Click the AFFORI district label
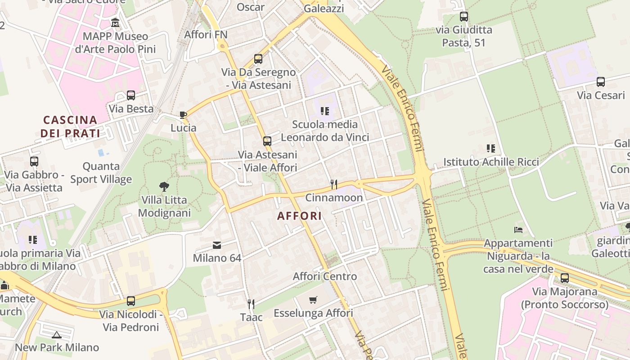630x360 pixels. (x=299, y=216)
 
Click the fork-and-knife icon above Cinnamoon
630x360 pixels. (x=334, y=184)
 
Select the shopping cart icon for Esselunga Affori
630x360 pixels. (x=313, y=300)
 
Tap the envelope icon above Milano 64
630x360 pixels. (x=217, y=245)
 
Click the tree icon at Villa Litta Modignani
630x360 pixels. (x=164, y=186)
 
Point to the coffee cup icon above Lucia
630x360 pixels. (x=183, y=115)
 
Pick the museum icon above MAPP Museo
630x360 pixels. (x=115, y=22)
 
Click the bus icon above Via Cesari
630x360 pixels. (x=601, y=82)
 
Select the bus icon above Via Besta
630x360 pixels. (x=131, y=95)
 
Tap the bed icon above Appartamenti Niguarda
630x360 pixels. (x=518, y=230)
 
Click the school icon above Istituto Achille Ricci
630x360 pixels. (x=491, y=148)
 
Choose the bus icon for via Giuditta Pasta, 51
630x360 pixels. (x=464, y=17)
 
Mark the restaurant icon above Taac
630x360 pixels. (x=251, y=304)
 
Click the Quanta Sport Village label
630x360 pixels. (x=101, y=173)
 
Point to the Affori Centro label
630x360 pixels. (x=325, y=276)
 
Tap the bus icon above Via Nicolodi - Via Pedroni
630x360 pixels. (x=131, y=301)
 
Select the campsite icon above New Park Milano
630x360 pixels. (x=57, y=334)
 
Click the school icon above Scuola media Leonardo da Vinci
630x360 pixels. (x=325, y=111)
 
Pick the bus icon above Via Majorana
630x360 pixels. (x=565, y=278)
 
